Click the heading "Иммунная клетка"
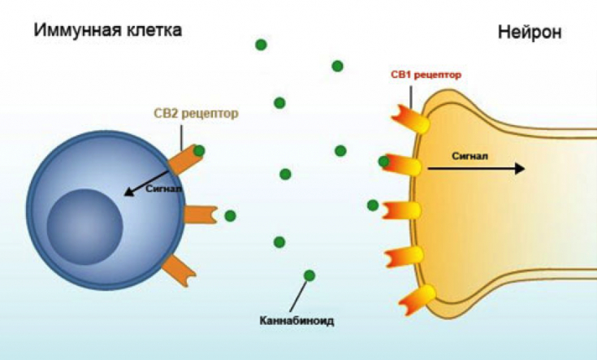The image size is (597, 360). click(107, 31)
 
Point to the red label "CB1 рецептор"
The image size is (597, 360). click(426, 75)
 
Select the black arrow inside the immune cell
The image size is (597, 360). click(146, 180)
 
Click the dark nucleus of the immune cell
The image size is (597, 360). click(84, 225)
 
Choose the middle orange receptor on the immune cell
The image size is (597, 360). click(201, 215)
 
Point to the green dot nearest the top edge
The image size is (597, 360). click(261, 45)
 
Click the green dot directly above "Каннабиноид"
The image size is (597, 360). click(309, 275)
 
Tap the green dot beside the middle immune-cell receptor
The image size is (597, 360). click(230, 215)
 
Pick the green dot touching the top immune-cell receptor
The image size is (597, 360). click(199, 150)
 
